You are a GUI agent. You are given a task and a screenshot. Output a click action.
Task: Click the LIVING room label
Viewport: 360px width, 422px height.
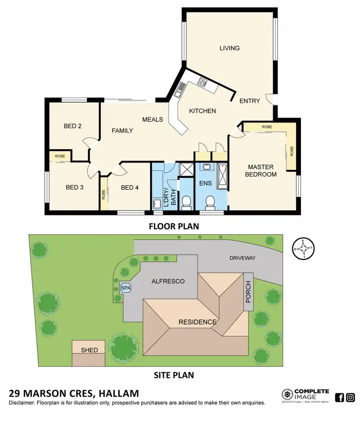click(x=229, y=48)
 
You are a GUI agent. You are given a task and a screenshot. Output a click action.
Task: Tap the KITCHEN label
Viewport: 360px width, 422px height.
click(x=202, y=111)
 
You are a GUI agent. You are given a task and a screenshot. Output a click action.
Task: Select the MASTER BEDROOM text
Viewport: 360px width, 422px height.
click(x=261, y=171)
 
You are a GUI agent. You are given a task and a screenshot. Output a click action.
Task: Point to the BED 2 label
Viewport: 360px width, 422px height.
click(x=72, y=127)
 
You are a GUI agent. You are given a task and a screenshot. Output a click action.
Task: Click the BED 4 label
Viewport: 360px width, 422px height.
click(x=130, y=188)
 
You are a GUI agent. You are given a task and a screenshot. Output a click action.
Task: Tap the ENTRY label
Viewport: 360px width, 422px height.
click(x=250, y=101)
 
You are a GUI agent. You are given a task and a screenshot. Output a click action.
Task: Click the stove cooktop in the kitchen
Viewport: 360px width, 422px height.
click(x=202, y=84)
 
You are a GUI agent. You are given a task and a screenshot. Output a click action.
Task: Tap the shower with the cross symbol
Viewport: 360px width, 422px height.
click(x=185, y=169)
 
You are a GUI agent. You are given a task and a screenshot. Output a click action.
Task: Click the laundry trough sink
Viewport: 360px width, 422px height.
click(x=156, y=203)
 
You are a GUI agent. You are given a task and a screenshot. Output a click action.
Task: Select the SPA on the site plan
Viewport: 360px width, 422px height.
click(x=126, y=288)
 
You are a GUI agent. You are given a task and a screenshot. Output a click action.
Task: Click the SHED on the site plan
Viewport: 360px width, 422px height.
click(x=89, y=350)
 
